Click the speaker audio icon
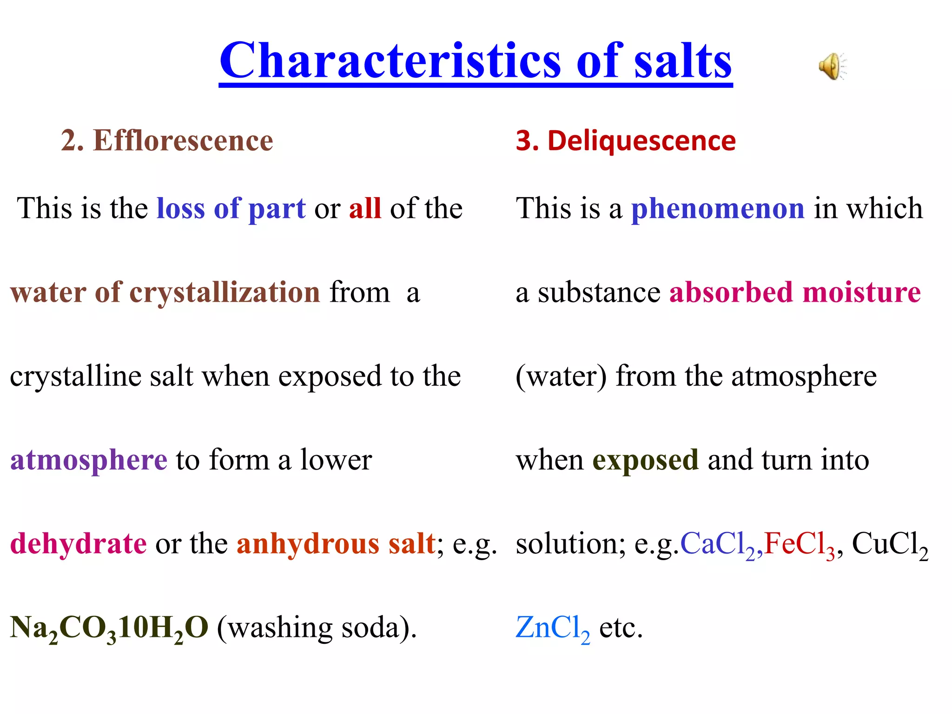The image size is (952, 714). click(832, 66)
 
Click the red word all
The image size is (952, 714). click(365, 208)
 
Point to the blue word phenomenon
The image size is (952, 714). click(718, 208)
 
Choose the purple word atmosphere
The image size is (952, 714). click(89, 460)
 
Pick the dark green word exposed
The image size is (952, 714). click(645, 460)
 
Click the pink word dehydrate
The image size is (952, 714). click(79, 543)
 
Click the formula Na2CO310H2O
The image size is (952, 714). click(109, 628)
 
